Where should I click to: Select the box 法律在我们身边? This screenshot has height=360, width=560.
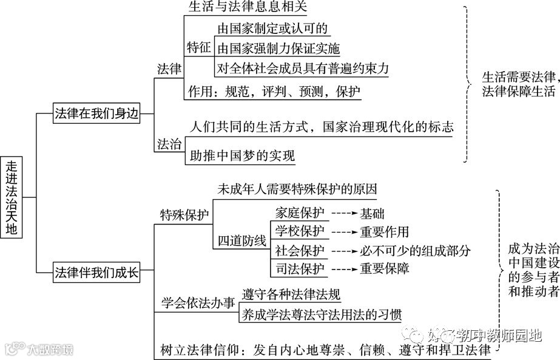click(x=97, y=114)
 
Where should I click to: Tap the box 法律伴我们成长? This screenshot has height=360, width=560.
click(x=97, y=271)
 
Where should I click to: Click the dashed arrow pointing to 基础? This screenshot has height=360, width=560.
click(x=343, y=214)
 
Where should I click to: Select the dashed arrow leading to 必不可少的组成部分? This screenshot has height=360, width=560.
click(x=343, y=251)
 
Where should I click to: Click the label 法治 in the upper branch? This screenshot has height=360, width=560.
click(x=169, y=144)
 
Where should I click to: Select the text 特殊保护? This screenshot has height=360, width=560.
click(x=184, y=215)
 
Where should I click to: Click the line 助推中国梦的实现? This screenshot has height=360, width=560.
click(x=241, y=155)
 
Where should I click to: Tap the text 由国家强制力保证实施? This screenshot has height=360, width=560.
click(x=278, y=48)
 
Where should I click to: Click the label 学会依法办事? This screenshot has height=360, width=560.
click(x=198, y=303)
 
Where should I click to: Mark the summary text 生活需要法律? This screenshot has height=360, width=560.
click(x=518, y=77)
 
